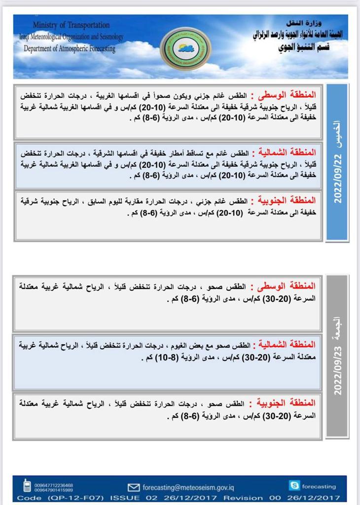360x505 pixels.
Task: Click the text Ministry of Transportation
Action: pyautogui.click(x=72, y=25)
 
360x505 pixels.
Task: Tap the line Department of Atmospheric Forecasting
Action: pyautogui.click(x=70, y=48)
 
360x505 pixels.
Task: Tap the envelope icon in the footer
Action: pyautogui.click(x=134, y=487)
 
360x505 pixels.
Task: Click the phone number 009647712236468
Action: pyautogui.click(x=54, y=485)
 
